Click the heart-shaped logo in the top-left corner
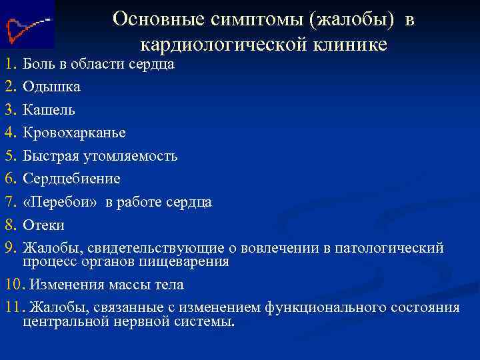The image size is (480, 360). (25, 26)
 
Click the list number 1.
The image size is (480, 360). (9, 64)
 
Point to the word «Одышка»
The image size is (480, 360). (51, 87)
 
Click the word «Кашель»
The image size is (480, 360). (49, 110)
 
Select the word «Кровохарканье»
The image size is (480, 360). (74, 133)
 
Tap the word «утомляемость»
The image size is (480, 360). (131, 156)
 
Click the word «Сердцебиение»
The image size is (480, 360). (71, 179)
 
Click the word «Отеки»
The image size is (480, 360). (43, 225)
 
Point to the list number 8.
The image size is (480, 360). (9, 225)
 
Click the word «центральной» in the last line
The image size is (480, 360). (65, 321)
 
